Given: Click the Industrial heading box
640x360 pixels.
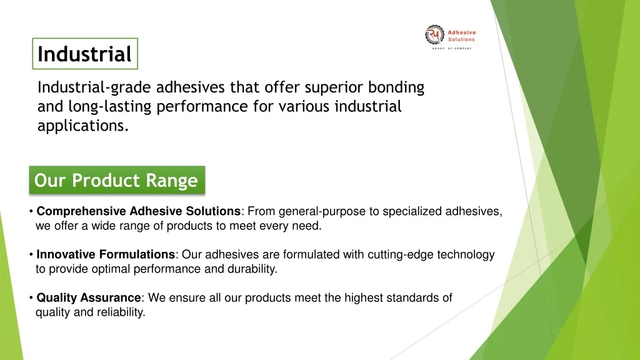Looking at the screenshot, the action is tap(85, 54).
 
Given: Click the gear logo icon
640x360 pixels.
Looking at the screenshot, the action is tap(434, 35).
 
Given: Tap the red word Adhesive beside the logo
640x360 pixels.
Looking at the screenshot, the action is tap(462, 32).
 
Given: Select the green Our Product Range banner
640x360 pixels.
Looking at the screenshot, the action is tap(117, 180).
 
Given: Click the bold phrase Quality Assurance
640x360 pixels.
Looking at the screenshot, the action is tap(89, 297).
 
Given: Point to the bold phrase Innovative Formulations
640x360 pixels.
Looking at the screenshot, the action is tap(106, 254).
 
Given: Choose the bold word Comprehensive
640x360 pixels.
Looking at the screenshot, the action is tap(81, 211).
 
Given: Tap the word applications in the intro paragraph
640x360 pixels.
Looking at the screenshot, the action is tap(83, 126).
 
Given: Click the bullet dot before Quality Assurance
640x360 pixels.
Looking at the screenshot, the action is tap(31, 298).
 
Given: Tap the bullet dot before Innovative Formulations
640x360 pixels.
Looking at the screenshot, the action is tap(31, 255).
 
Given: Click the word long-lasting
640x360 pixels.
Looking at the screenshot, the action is tap(110, 107).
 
